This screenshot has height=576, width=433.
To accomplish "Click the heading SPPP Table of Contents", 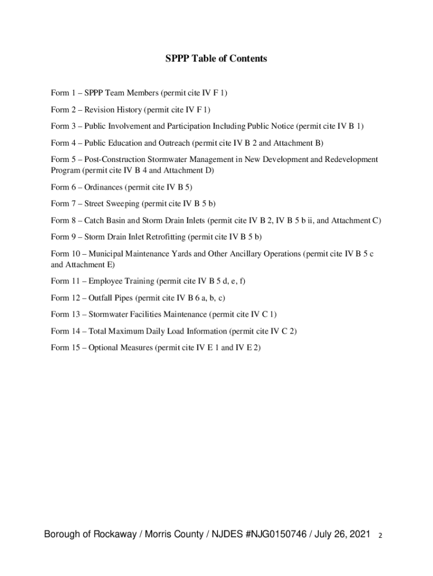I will point(216,58).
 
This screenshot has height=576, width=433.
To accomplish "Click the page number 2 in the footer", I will point(381,535).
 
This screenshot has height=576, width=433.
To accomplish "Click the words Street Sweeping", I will point(111,203).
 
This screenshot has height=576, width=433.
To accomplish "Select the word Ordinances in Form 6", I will point(103,187).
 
